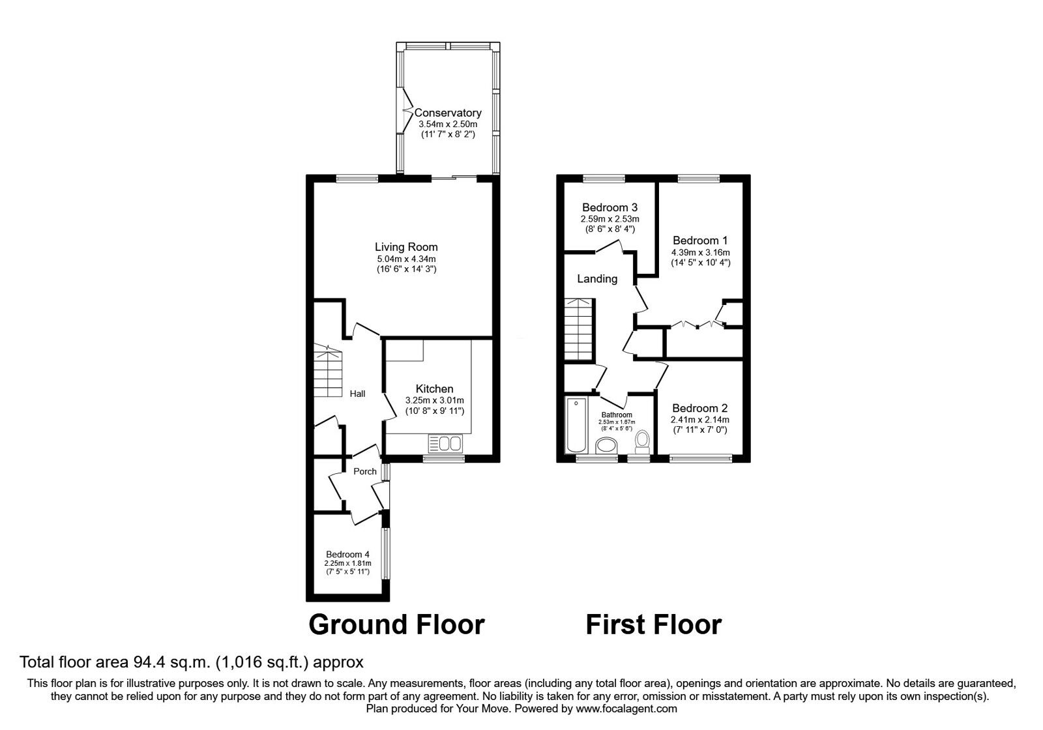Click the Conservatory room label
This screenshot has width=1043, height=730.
pyautogui.click(x=448, y=113)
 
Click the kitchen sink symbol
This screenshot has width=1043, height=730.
pyautogui.click(x=445, y=444)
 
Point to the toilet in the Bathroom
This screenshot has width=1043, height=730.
pyautogui.click(x=643, y=441)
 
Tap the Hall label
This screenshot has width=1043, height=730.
pyautogui.click(x=357, y=394)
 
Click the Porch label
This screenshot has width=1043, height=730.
pyautogui.click(x=365, y=471)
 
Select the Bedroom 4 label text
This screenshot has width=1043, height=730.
pyautogui.click(x=347, y=555)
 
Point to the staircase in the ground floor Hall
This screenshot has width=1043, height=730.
pyautogui.click(x=327, y=372)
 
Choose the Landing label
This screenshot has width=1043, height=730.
pyautogui.click(x=597, y=279)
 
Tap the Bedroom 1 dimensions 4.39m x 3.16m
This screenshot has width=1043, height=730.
pyautogui.click(x=700, y=252)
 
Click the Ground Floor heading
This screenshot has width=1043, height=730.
pyautogui.click(x=396, y=624)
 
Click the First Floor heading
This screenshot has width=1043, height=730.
pyautogui.click(x=653, y=624)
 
